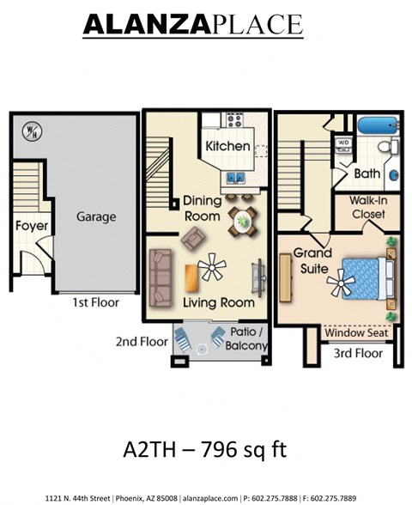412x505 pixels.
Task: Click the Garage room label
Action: point(95,217)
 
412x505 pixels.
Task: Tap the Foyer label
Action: point(32,227)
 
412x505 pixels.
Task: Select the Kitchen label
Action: point(227,146)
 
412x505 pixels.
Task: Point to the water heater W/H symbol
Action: point(33,132)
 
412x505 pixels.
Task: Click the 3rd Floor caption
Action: point(357,353)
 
